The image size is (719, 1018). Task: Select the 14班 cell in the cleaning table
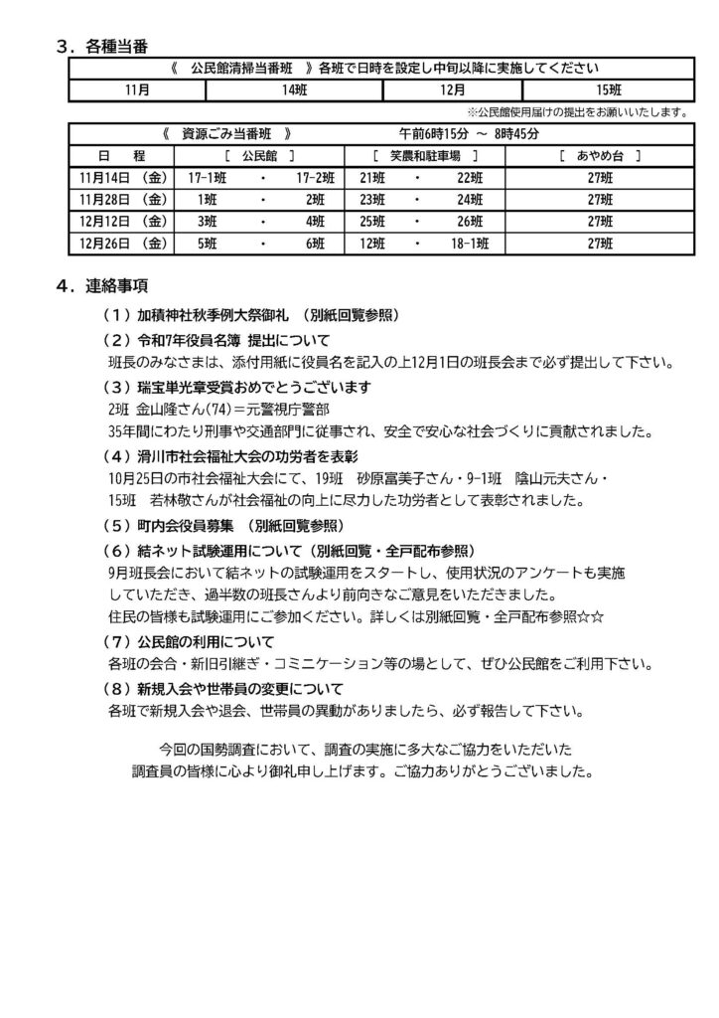pyautogui.click(x=294, y=89)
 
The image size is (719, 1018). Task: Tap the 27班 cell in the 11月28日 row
pyautogui.click(x=595, y=199)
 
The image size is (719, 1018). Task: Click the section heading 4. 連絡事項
pyautogui.click(x=103, y=286)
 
